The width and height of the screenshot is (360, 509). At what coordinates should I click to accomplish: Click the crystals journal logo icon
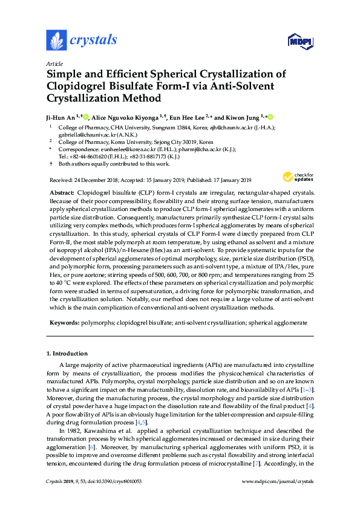56,40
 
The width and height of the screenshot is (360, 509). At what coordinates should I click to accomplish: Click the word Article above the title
54,64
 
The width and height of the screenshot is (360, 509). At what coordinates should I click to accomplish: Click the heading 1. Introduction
67,353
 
